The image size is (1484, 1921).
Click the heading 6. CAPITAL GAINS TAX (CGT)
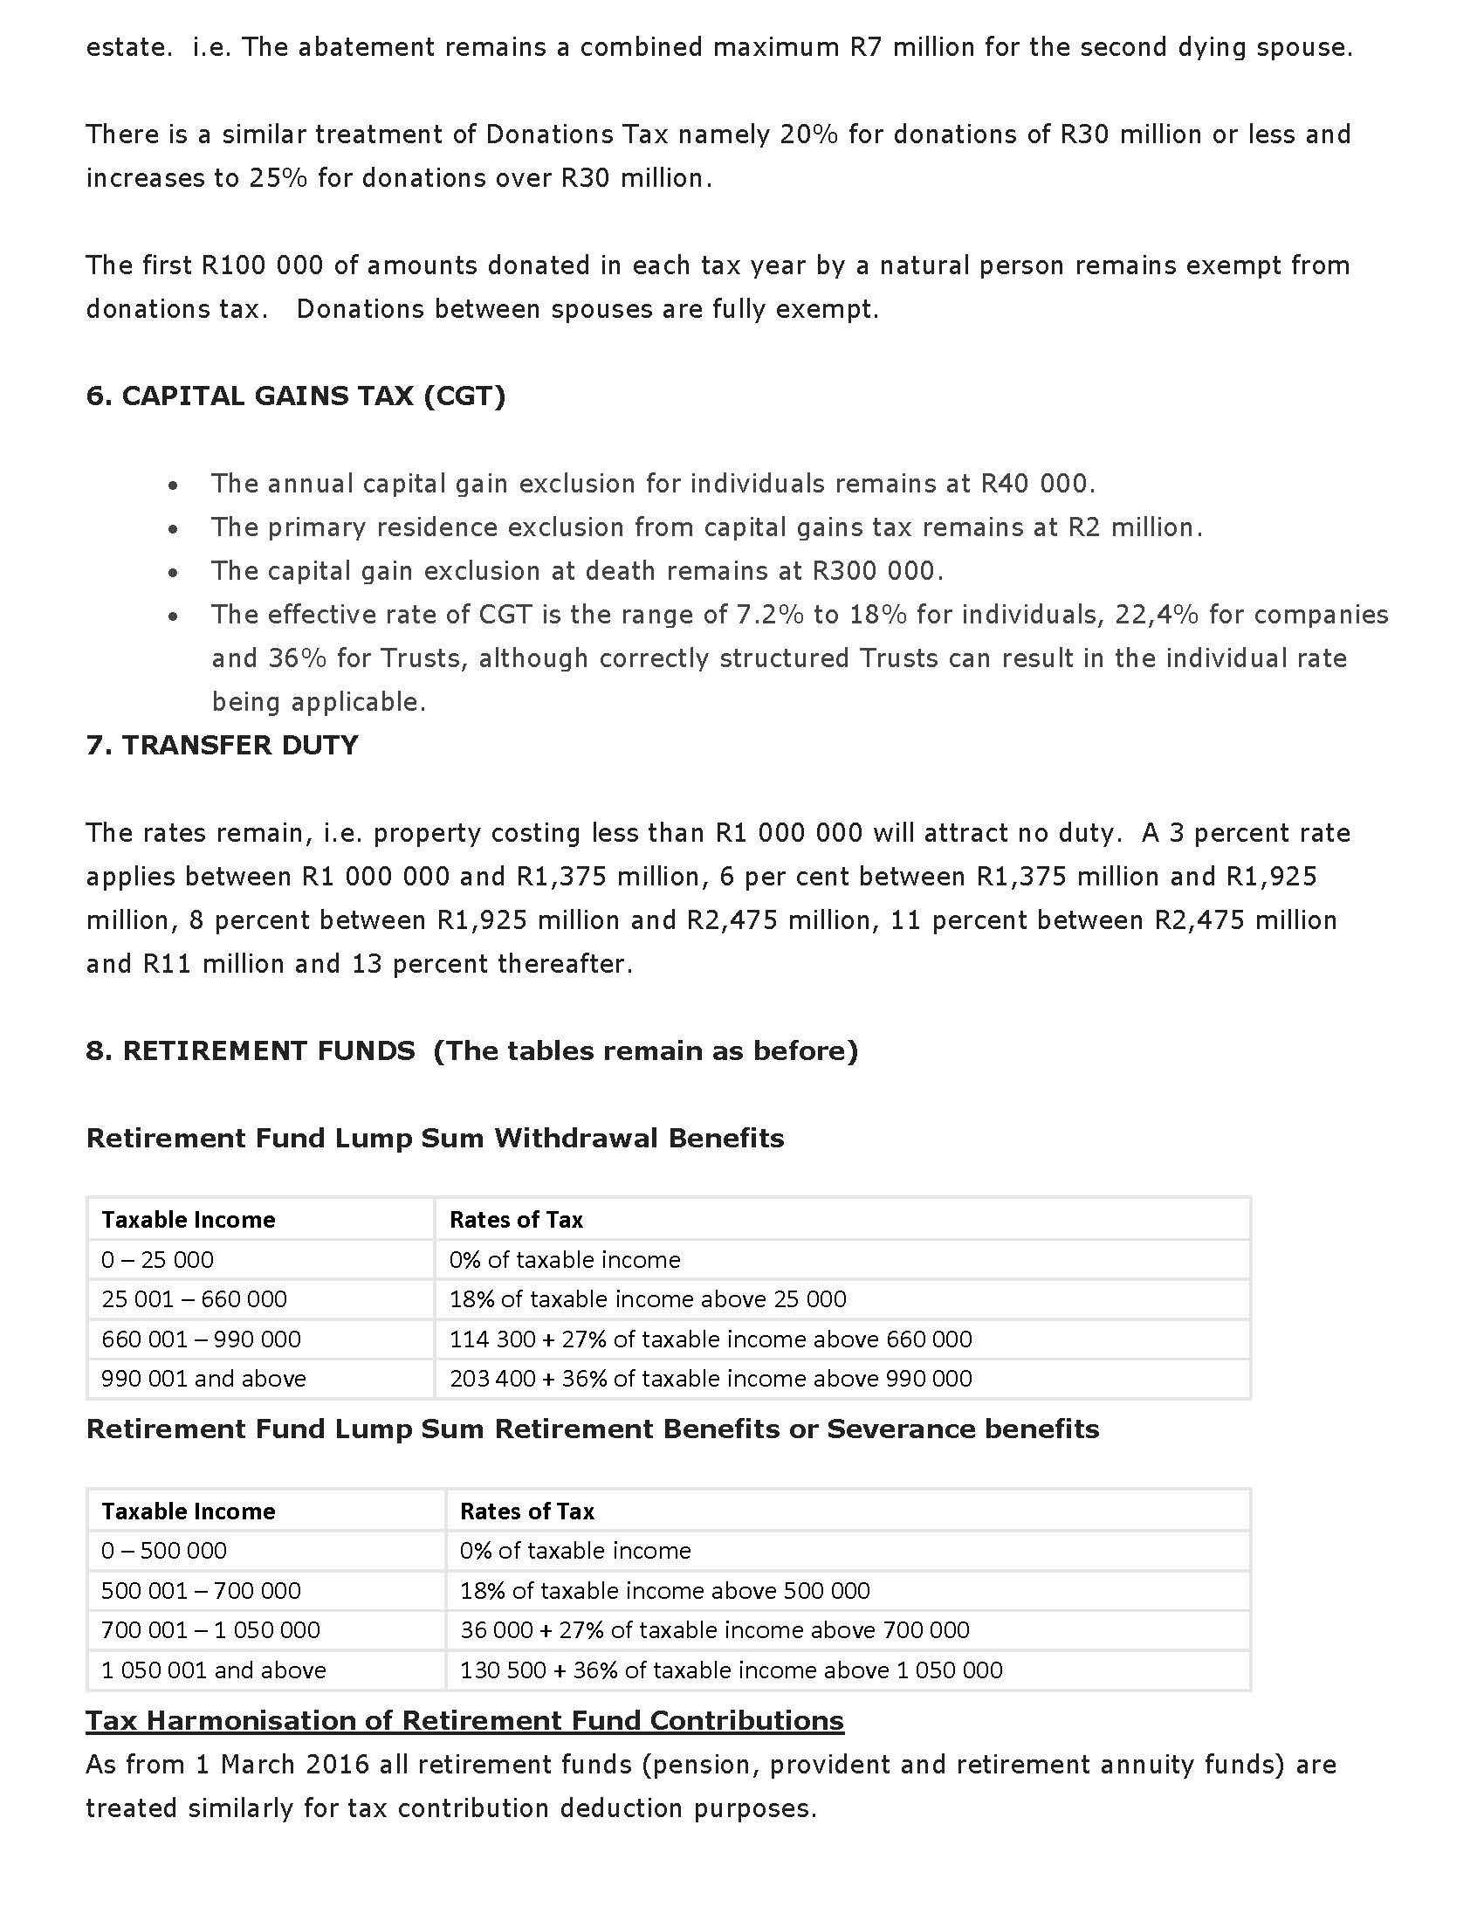click(295, 396)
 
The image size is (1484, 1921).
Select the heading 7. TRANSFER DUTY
click(222, 746)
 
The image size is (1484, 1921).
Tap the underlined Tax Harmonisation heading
click(464, 1720)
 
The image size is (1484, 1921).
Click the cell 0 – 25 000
click(157, 1259)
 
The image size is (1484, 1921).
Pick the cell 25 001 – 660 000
click(195, 1299)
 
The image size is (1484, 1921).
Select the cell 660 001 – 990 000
click(202, 1339)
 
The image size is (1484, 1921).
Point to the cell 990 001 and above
click(204, 1378)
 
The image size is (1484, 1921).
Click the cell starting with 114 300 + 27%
click(711, 1339)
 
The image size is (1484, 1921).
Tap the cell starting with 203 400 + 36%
click(711, 1378)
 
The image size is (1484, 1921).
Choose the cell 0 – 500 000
click(164, 1550)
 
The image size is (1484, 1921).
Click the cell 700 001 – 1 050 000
click(211, 1629)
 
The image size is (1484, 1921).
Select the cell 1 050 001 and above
click(214, 1670)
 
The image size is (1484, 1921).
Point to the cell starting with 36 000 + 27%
click(714, 1629)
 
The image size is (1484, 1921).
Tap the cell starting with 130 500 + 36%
click(731, 1670)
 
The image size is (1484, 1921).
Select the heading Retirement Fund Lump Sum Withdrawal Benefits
click(436, 1138)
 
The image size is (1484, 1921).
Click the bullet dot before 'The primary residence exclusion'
click(174, 528)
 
